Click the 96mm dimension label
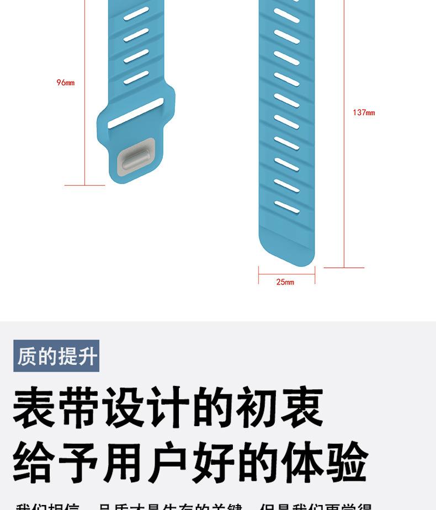65,83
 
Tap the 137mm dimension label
364,112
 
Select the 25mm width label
285,282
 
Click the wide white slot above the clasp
135,114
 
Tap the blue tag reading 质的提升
56,356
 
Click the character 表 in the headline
34,409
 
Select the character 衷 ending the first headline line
301,409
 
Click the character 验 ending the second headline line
346,462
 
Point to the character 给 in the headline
34,462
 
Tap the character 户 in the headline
168,462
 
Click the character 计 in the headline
168,409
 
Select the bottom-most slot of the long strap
287,207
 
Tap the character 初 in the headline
257,409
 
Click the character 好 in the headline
212,462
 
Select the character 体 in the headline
301,462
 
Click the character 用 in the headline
124,462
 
